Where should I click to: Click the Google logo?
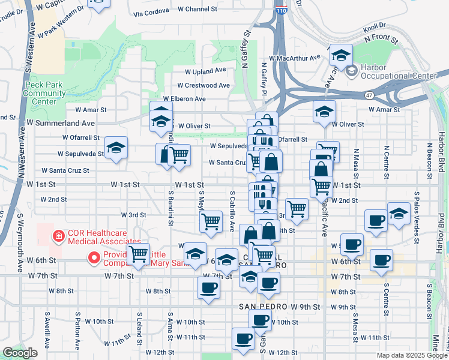(20, 353)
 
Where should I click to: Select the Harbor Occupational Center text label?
(399, 71)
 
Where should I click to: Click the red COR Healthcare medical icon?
(58, 236)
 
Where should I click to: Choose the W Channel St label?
(193, 9)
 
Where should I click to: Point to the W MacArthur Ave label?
(295, 58)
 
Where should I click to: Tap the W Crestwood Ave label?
(203, 85)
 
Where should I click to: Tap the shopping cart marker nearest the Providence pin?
(139, 254)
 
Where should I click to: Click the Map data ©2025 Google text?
(411, 355)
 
